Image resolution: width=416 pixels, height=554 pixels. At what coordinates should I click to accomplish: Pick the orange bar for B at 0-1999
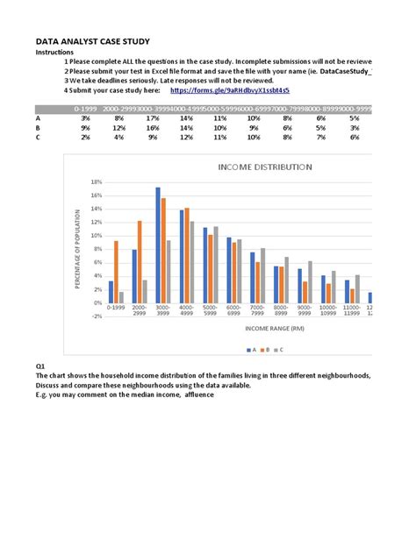click(116, 272)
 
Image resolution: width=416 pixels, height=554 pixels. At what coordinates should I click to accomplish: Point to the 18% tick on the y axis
click(96, 181)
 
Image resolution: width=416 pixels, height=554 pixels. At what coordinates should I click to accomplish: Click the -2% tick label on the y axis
click(96, 316)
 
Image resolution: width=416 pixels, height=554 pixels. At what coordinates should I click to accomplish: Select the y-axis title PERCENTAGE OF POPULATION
click(78, 249)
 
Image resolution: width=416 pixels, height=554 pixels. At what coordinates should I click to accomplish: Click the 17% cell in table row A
click(153, 117)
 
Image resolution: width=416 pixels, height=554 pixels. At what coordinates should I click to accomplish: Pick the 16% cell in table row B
click(153, 127)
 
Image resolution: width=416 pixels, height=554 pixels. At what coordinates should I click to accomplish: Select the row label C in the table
click(38, 137)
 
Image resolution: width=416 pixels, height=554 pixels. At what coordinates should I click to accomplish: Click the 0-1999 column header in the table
click(85, 108)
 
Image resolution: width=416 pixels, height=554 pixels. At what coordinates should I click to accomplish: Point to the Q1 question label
click(40, 366)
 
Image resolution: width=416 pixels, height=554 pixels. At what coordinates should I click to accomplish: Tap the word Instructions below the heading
click(54, 53)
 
